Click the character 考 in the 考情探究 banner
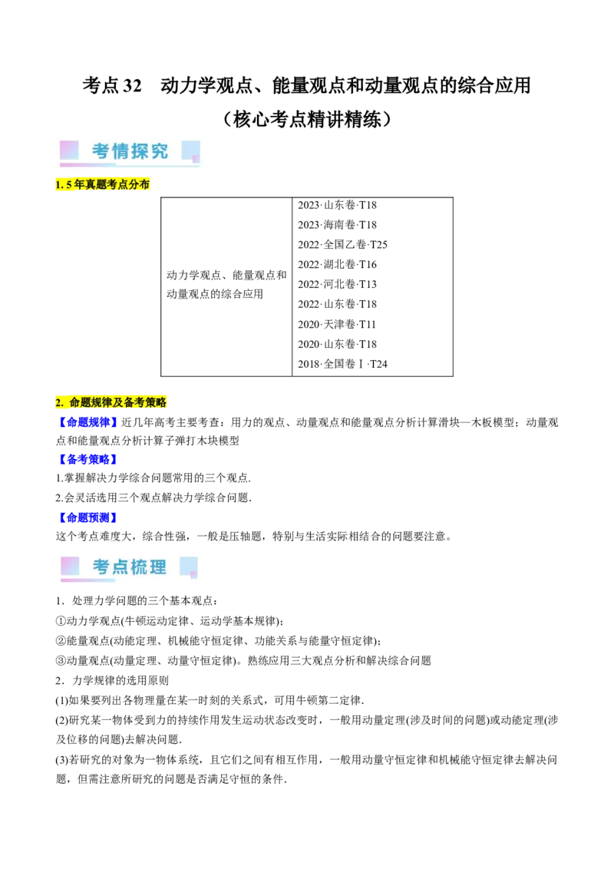(x=101, y=151)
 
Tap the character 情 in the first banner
(x=121, y=151)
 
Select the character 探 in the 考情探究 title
(x=140, y=151)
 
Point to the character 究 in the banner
(x=160, y=151)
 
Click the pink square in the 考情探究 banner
(x=69, y=150)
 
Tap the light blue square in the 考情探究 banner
(x=190, y=150)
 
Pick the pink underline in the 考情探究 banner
(x=87, y=164)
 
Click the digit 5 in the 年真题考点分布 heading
(x=69, y=185)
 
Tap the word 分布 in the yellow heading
(x=139, y=185)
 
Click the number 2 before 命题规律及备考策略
(x=58, y=402)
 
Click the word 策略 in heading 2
(x=155, y=402)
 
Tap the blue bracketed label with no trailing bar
(x=87, y=421)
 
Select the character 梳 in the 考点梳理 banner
(x=140, y=567)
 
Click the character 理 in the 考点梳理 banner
(x=158, y=567)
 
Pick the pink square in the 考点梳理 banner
(x=70, y=566)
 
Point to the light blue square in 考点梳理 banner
(x=187, y=566)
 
